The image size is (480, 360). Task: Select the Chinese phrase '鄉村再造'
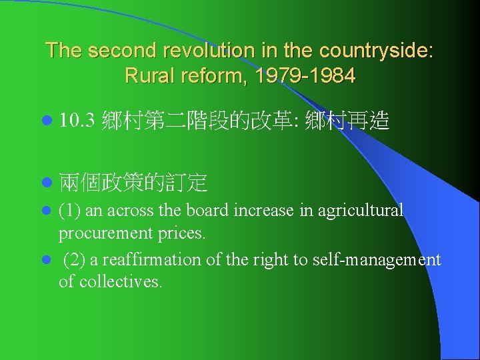click(347, 122)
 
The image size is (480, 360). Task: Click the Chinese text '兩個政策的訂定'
click(133, 181)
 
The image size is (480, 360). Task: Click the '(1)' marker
click(70, 211)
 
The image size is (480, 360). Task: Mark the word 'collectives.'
click(120, 281)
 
